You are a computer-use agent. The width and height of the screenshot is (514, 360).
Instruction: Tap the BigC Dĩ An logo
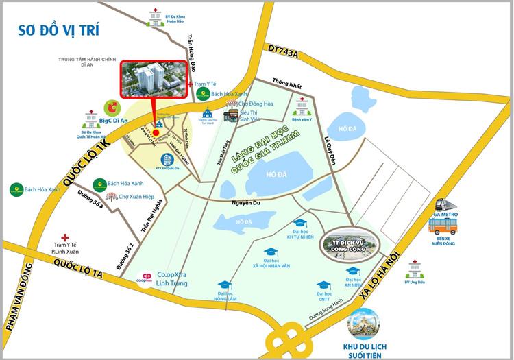click(x=111, y=108)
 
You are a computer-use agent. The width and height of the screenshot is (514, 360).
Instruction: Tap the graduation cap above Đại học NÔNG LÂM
click(x=225, y=286)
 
